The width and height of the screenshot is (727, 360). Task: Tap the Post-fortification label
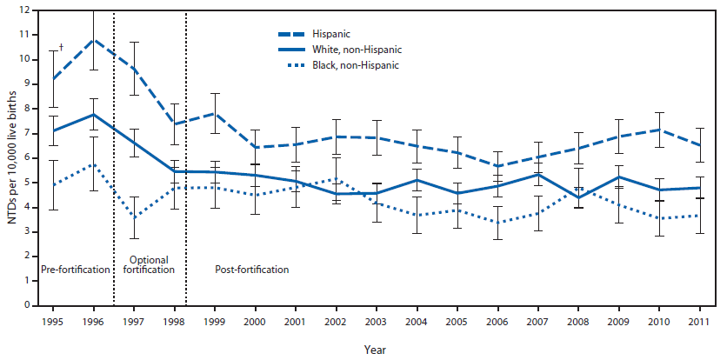(251, 270)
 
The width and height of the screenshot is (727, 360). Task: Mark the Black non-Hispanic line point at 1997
(134, 217)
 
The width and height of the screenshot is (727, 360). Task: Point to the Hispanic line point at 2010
(660, 130)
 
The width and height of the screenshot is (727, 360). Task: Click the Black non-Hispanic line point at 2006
(498, 222)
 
